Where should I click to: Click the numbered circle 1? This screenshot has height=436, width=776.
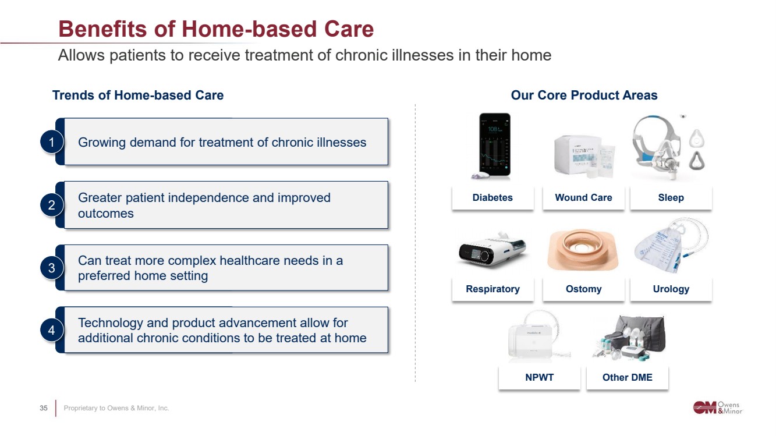52,142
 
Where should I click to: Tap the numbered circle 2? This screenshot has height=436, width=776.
52,205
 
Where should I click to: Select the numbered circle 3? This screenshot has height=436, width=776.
52,268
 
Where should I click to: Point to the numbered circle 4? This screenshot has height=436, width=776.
52,330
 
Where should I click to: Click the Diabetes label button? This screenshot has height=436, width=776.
492,198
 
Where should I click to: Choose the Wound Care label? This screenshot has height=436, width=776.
583,198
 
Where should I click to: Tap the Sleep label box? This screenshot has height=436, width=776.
671,198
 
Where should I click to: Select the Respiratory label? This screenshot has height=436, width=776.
492,289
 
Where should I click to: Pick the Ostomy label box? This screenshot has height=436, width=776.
583,289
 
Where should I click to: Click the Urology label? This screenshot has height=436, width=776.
671,289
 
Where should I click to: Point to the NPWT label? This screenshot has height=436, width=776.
540,377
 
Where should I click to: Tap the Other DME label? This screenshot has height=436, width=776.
628,377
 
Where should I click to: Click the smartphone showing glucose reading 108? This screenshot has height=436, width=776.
494,146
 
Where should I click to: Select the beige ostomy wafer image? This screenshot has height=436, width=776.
583,250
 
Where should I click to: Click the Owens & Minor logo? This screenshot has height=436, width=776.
718,407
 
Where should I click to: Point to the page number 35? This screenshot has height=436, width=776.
44,408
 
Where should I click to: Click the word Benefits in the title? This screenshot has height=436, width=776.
103,29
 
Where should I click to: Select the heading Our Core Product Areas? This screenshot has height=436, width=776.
584,95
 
